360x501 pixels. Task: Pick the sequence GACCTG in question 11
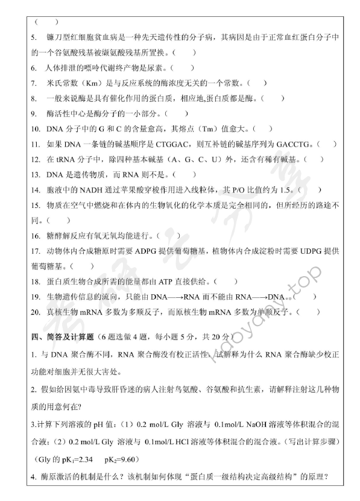[295, 144]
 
